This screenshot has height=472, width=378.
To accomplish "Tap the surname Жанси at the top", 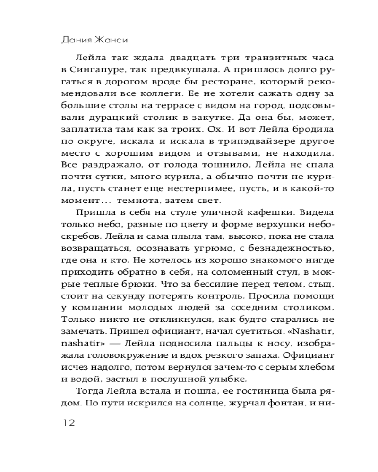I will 112,39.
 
